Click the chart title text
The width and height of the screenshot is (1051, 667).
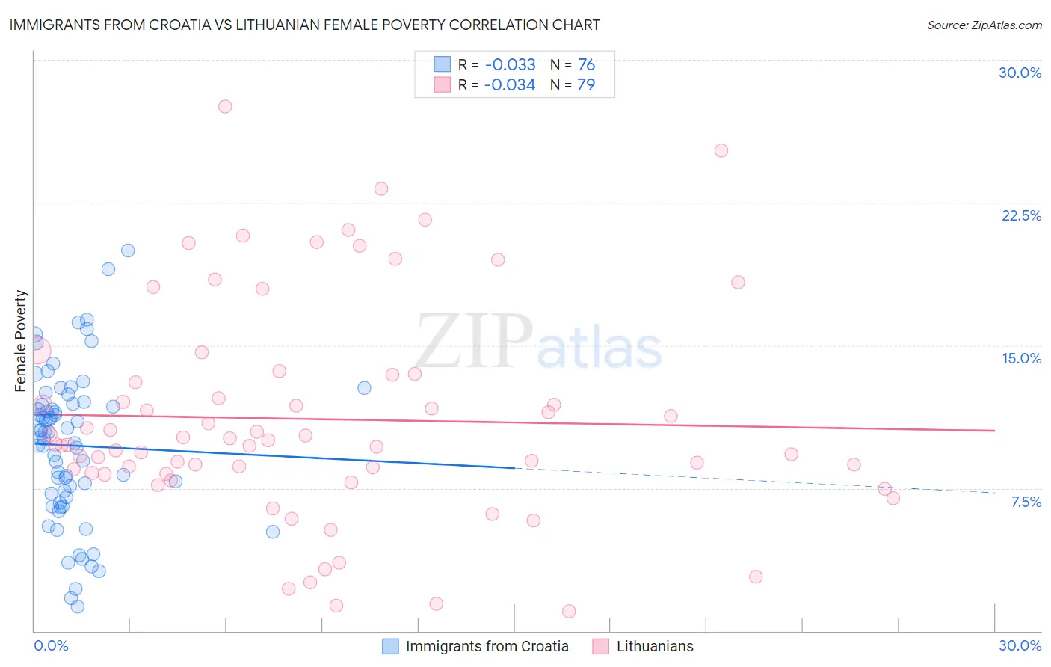304,25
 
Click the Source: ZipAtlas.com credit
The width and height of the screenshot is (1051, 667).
984,25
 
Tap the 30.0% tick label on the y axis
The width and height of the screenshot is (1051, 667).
1020,73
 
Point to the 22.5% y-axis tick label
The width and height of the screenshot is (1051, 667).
1021,215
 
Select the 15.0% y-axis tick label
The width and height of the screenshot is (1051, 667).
1021,358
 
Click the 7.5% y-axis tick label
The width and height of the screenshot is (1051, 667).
1026,502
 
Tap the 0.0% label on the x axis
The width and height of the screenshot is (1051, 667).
51,645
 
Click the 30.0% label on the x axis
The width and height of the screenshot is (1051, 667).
1020,645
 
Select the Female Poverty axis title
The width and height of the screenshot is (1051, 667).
21,341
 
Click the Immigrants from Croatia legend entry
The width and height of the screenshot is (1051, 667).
487,646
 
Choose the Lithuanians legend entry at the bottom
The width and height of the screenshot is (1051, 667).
654,646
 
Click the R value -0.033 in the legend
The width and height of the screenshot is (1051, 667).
510,65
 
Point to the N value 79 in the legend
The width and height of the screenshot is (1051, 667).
586,85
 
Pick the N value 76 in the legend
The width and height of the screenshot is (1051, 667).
586,65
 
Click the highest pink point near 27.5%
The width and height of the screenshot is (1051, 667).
225,106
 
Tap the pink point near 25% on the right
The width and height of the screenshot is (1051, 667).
721,150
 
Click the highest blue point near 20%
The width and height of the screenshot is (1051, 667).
128,250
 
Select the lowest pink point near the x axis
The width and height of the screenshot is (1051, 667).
569,611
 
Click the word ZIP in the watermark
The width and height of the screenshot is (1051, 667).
474,342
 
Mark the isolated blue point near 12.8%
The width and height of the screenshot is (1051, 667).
364,387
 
